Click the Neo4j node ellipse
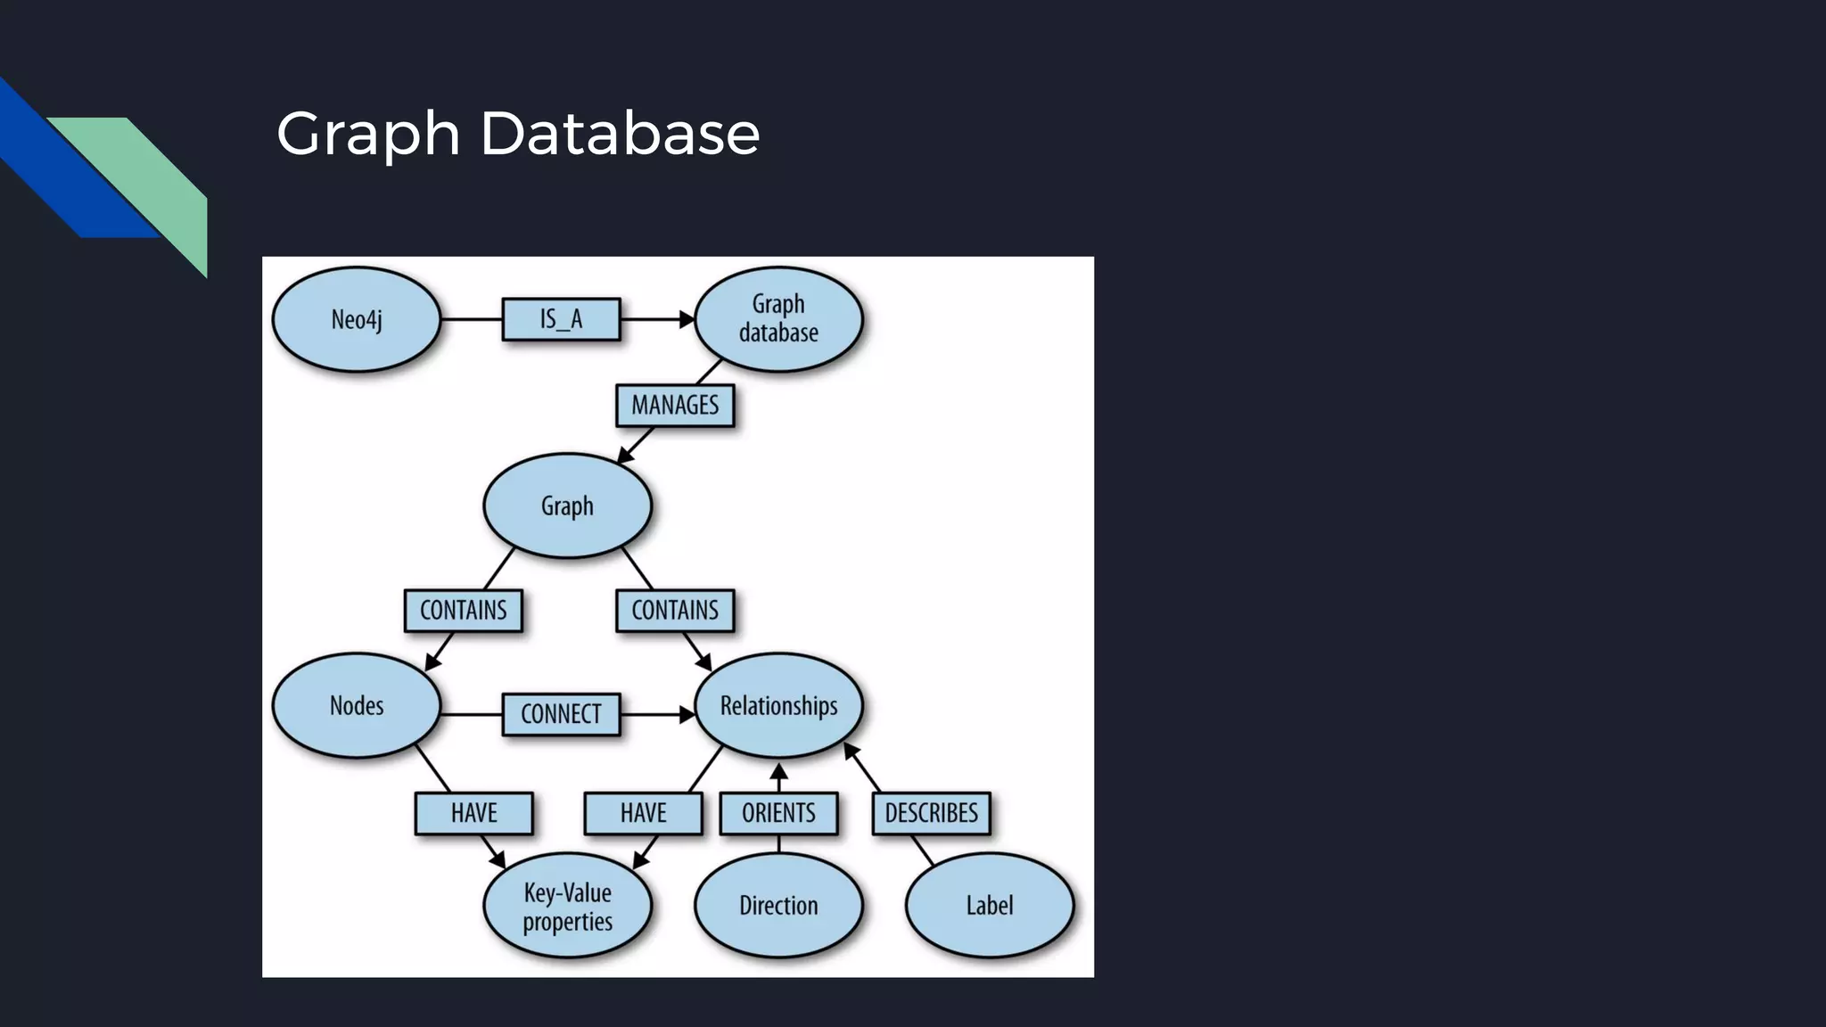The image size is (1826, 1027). point(356,319)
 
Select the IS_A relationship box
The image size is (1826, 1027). point(561,319)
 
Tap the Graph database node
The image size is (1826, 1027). point(778,319)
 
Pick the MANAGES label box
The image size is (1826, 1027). point(675,406)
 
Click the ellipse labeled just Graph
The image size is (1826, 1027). point(567,505)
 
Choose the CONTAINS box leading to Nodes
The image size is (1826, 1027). point(463,611)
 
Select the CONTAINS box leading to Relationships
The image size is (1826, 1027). point(675,611)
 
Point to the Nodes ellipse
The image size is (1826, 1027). point(356,705)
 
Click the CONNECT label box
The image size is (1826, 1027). point(561,714)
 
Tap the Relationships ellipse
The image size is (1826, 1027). point(778,705)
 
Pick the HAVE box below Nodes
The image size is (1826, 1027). point(473,813)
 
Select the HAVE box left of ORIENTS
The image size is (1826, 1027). point(643,813)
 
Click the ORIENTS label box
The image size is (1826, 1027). point(778,813)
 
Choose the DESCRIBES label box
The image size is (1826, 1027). point(931,813)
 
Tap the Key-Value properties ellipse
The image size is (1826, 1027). point(567,906)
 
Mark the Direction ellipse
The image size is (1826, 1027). point(778,906)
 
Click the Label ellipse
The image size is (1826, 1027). point(989,906)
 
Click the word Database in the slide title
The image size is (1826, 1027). point(620,134)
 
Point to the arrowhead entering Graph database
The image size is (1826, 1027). point(687,319)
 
